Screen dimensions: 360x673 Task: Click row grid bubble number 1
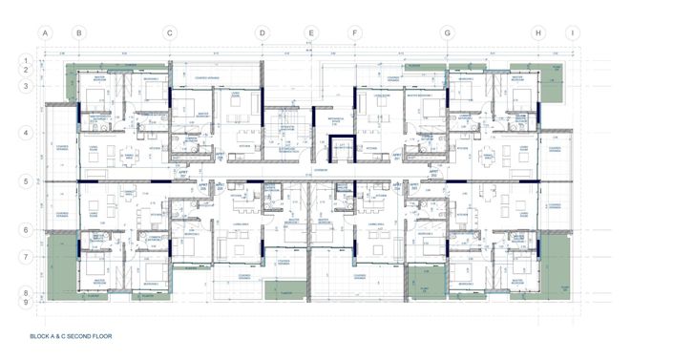27,60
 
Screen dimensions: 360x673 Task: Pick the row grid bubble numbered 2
27,70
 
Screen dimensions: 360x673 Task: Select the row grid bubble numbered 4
27,134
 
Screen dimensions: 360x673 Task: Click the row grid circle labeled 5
27,180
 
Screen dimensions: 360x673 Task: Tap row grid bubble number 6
27,230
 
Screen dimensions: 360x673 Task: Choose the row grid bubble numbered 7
27,257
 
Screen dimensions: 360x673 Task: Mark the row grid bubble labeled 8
27,293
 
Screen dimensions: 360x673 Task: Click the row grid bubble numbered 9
27,303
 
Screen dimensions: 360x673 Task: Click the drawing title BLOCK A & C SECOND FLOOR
72,338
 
